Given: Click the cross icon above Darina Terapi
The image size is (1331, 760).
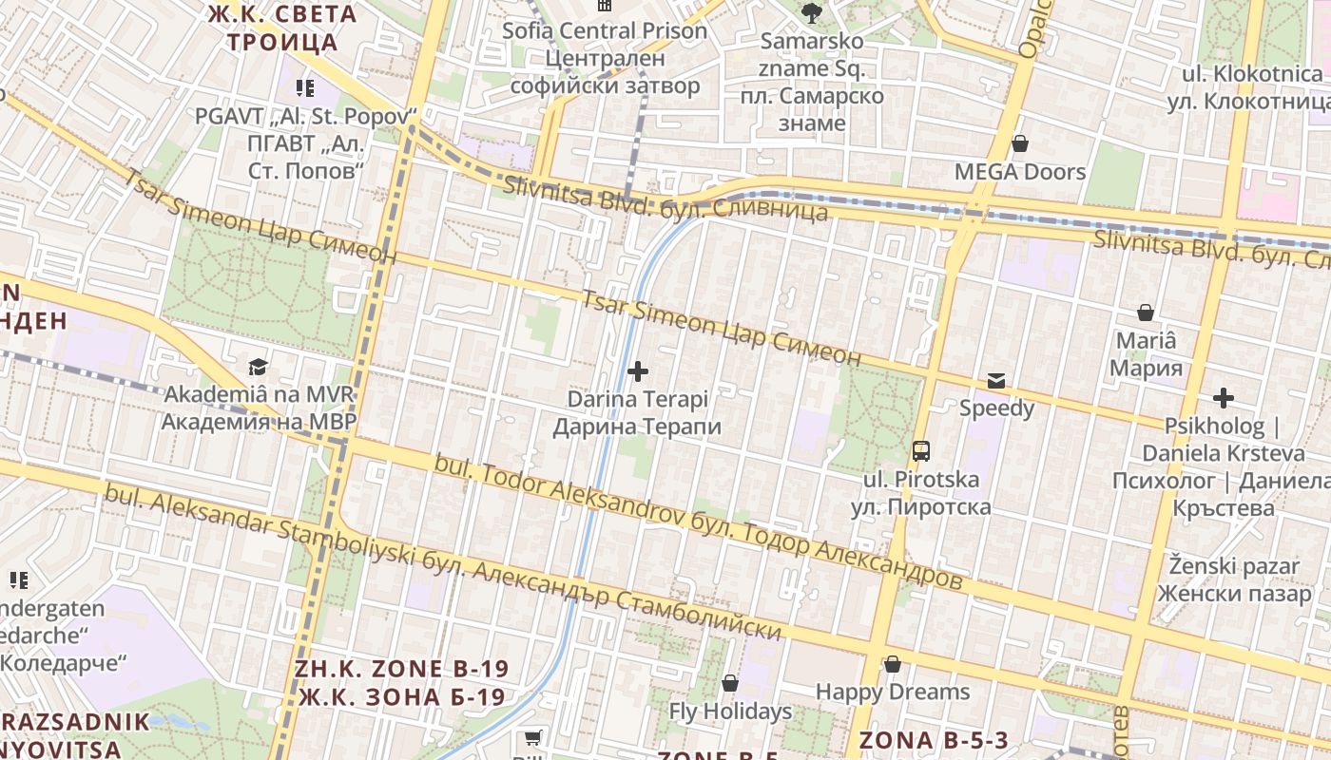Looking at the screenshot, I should pos(638,370).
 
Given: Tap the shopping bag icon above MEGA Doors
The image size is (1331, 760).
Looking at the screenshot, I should pos(1020,143).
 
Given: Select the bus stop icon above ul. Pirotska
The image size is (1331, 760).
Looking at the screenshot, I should pos(920,450).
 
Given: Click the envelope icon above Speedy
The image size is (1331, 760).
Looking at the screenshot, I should pos(996,381).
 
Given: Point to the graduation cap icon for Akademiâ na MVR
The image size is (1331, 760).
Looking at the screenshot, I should pos(258,367).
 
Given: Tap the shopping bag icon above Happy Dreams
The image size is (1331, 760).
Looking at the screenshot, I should pos(892,664).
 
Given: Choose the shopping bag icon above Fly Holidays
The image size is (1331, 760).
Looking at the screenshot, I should pos(730,683).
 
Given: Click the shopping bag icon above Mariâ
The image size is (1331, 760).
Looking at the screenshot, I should pos(1146,313).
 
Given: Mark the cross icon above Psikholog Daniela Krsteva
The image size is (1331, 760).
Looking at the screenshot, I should pos(1223,398).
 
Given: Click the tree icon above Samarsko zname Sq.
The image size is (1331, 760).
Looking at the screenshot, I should pos(811,13).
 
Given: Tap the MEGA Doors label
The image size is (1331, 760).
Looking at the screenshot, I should pos(1020,172).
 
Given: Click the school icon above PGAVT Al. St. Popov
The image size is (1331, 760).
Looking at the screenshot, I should pos(305,88).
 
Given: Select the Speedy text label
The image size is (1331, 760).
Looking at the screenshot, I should pos(996,408).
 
